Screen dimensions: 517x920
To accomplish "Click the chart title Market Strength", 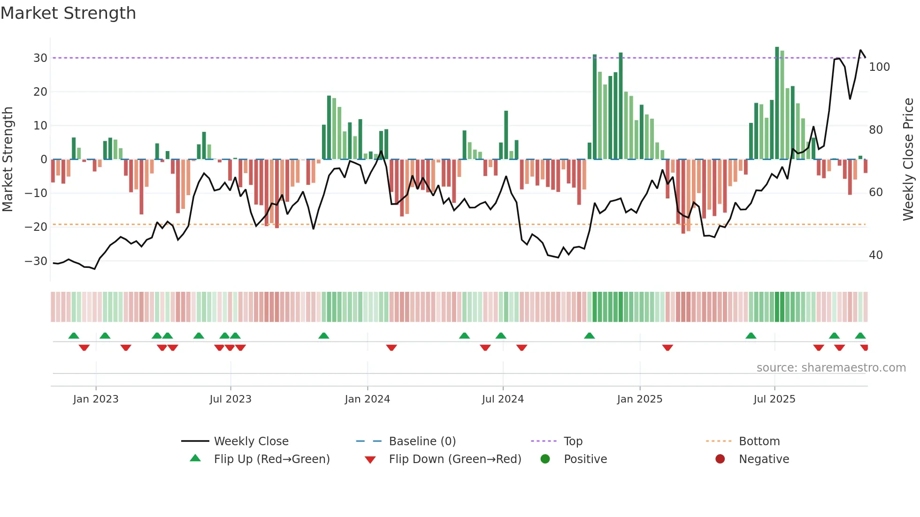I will (x=68, y=13).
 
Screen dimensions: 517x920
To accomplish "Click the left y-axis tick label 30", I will (x=40, y=58).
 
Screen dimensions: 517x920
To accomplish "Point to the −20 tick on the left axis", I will (x=36, y=227).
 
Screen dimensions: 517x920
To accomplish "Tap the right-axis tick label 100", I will (x=879, y=67).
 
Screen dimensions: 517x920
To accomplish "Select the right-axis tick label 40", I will (x=875, y=255).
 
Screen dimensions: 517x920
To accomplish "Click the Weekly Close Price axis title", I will (x=908, y=160).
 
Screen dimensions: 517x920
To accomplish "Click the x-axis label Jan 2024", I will (x=367, y=399).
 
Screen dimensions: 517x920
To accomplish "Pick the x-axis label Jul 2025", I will (x=774, y=399).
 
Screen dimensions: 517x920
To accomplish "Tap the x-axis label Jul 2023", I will (x=230, y=399).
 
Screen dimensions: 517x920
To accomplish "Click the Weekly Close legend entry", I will (x=251, y=441).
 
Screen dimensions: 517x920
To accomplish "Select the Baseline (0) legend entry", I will (x=422, y=441).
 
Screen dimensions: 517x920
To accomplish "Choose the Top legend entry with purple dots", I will (x=573, y=441).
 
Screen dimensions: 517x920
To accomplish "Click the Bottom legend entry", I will (x=759, y=441).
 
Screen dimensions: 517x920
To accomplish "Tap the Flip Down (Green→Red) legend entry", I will (x=454, y=459).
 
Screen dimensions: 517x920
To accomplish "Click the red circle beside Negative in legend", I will (x=720, y=459).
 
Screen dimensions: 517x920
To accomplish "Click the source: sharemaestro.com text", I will (x=831, y=368).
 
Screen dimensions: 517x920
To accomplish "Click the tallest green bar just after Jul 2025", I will (x=777, y=103).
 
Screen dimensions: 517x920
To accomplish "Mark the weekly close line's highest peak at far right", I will (x=860, y=50).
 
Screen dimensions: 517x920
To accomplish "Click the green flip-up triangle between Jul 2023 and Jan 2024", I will (x=323, y=336).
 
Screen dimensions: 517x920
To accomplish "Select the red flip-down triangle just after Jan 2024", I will (x=391, y=348).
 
